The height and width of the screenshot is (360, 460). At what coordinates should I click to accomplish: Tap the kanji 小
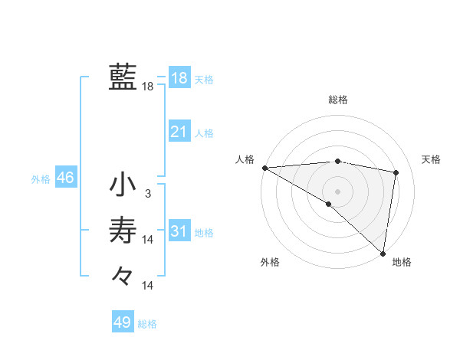[x=123, y=185]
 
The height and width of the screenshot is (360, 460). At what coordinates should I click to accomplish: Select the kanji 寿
[x=123, y=230]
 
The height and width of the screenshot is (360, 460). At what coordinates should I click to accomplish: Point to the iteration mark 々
[x=123, y=274]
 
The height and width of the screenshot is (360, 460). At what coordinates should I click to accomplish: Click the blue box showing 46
[x=65, y=178]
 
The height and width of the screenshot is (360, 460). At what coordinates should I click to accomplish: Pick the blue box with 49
[x=123, y=322]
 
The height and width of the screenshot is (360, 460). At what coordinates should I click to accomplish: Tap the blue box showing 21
[x=179, y=132]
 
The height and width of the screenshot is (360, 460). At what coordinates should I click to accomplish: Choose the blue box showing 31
[x=179, y=231]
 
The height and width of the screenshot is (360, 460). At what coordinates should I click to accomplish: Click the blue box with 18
[x=179, y=77]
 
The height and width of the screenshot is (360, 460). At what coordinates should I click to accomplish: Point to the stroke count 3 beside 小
[x=148, y=194]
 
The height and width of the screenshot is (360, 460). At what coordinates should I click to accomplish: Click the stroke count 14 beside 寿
[x=148, y=240]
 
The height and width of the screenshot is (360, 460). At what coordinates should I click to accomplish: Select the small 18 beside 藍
[x=148, y=87]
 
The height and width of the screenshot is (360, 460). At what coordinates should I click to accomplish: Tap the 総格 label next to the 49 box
[x=147, y=324]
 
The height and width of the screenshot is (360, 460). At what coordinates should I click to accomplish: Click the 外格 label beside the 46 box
[x=41, y=179]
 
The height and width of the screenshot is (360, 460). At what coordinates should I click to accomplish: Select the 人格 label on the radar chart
[x=245, y=159]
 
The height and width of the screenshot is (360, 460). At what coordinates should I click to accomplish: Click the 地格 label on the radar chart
[x=402, y=262]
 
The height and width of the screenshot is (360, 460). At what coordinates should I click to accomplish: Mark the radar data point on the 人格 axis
[x=264, y=167]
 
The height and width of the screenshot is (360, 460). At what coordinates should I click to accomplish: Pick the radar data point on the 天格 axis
[x=396, y=172]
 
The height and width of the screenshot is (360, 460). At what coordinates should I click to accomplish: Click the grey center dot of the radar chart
[x=337, y=191]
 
